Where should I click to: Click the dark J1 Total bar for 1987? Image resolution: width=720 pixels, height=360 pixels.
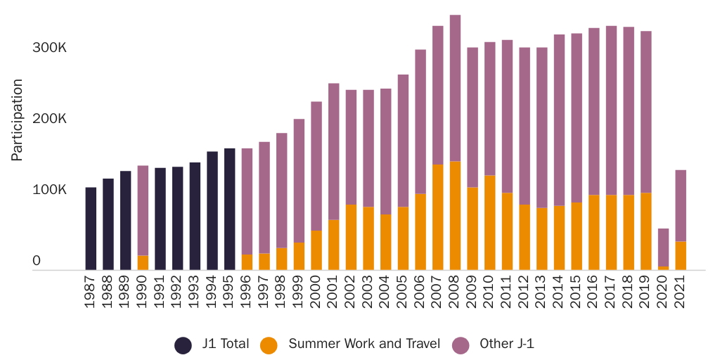[91, 229]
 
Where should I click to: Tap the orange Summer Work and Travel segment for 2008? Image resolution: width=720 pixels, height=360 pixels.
[455, 215]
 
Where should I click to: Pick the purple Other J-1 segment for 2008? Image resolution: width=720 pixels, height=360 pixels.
[455, 88]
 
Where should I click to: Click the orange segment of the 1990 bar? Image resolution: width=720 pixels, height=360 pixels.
[143, 262]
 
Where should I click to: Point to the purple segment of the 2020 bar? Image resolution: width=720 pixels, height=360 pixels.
[663, 247]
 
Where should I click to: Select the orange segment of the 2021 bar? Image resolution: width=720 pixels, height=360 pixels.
[681, 255]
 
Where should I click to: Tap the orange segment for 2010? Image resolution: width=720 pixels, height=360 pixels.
[490, 222]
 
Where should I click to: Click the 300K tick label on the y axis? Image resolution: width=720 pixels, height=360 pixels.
[49, 48]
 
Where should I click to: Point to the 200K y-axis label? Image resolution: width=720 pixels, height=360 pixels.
[49, 119]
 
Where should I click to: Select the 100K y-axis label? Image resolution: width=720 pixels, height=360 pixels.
[49, 190]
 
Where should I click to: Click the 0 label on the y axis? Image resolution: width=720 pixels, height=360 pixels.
[37, 261]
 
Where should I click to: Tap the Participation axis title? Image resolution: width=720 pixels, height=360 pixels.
[18, 120]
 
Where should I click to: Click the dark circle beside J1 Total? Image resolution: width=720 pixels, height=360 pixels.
[183, 345]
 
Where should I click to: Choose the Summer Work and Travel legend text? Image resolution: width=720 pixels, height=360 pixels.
[364, 344]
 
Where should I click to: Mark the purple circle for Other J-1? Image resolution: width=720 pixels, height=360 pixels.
[461, 345]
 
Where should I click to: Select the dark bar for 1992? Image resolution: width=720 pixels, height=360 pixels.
[178, 218]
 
